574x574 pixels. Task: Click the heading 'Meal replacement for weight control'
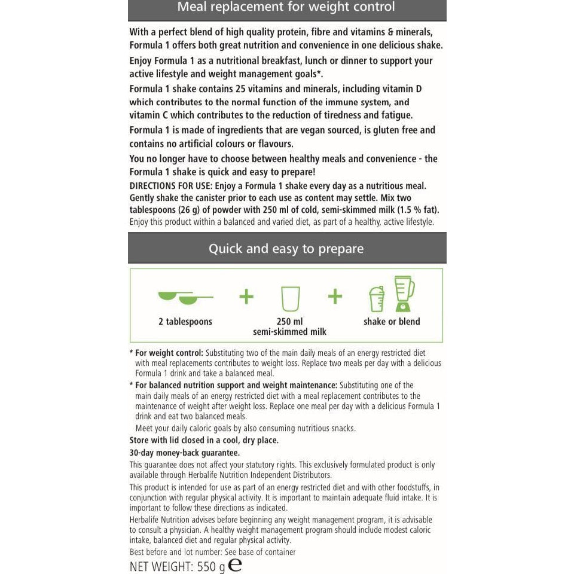[286, 8]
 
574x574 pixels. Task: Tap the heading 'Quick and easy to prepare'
[286, 249]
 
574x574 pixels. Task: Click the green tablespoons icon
[185, 296]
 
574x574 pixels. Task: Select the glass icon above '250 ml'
[290, 298]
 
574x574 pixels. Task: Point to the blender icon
[404, 294]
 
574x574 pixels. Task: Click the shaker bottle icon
[377, 298]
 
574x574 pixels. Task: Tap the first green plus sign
[246, 297]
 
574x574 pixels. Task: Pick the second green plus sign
[335, 296]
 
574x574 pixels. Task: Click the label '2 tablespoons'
[185, 322]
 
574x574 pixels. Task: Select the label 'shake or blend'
[392, 322]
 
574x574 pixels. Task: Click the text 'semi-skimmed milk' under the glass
[290, 332]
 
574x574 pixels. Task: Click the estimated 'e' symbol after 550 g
[235, 566]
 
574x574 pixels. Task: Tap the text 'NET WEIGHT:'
[161, 567]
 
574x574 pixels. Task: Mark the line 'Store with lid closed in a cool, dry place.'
[204, 441]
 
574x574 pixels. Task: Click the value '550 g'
[211, 567]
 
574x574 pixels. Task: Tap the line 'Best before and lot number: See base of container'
[213, 552]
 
